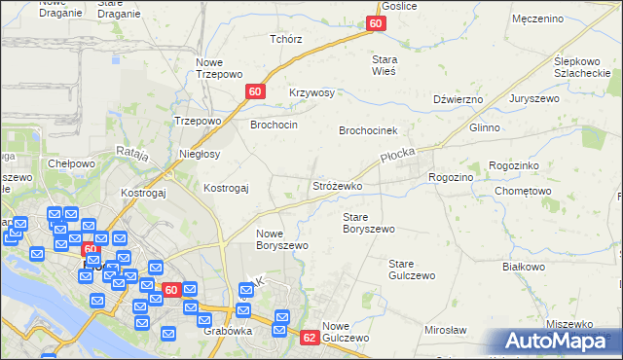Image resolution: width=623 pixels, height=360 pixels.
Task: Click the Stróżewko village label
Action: coord(337,185)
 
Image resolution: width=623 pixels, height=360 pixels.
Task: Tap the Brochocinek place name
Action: coord(369,130)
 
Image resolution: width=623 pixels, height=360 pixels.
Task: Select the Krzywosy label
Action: coord(311,93)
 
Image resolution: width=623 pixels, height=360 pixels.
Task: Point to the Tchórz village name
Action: coord(286,40)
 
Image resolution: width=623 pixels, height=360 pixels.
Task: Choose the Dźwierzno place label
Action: coord(458,99)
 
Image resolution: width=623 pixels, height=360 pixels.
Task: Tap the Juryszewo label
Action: coord(551,99)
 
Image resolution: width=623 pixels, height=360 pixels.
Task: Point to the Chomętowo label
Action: coord(523,192)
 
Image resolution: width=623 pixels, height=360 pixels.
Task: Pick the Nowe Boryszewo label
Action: coord(282,239)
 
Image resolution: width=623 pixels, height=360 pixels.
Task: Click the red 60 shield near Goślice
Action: coord(377,22)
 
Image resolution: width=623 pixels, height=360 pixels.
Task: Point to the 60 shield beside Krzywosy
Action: coord(254,91)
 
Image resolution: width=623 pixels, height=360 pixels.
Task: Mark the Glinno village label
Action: coord(484,128)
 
